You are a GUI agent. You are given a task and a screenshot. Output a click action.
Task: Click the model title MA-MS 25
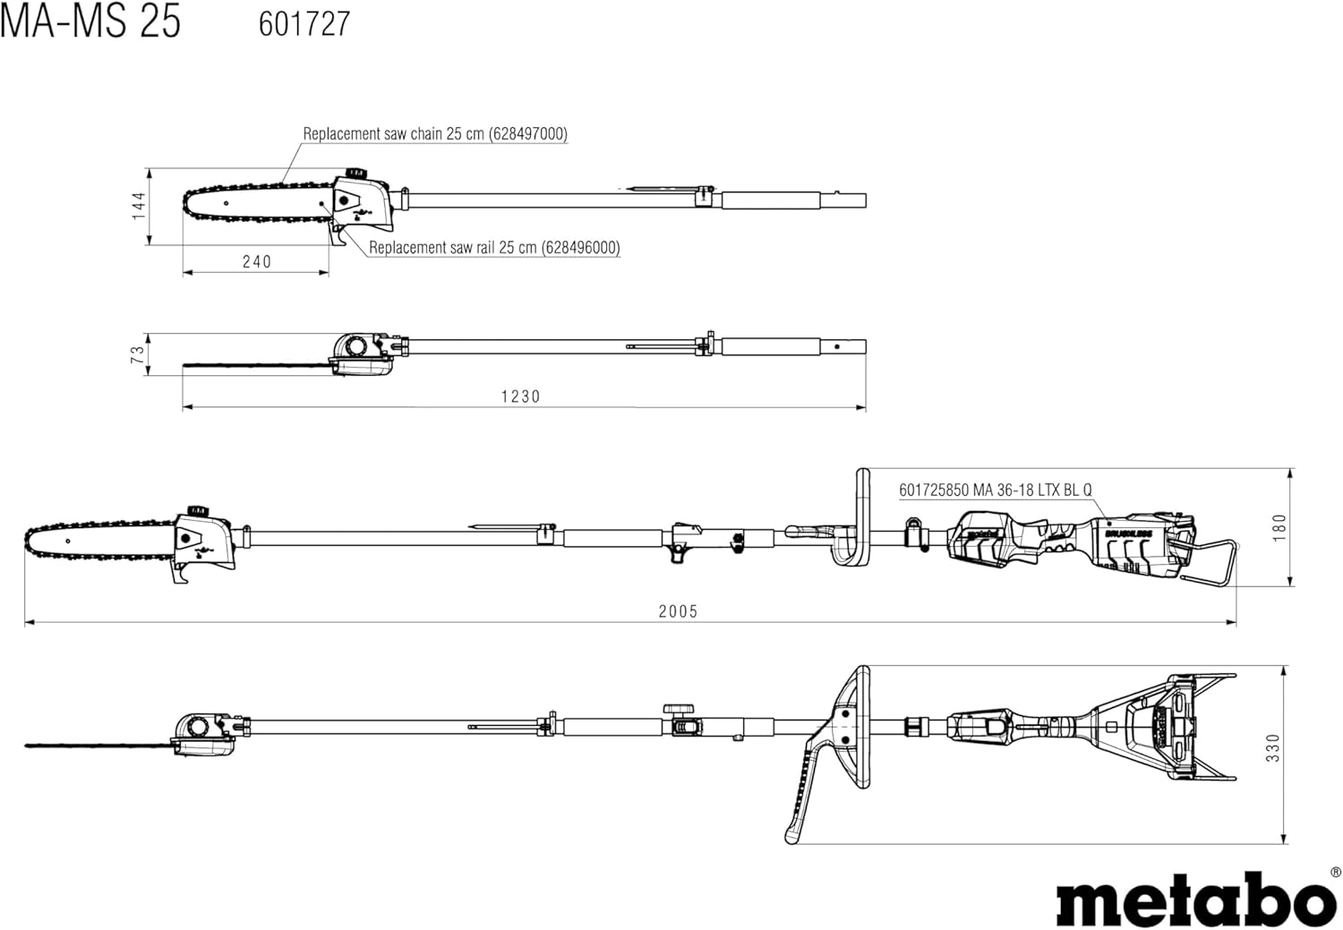[90, 22]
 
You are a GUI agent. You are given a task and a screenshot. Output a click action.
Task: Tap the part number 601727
[304, 24]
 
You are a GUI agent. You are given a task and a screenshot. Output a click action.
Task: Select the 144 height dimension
[139, 206]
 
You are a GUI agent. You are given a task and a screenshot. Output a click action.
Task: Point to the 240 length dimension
[257, 262]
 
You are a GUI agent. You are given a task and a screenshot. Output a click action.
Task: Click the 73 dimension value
[137, 354]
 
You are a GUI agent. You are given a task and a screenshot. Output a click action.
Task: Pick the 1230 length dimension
[520, 397]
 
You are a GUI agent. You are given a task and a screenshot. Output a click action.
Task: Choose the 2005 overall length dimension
[678, 611]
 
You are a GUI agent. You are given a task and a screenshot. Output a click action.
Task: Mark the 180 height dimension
[1279, 527]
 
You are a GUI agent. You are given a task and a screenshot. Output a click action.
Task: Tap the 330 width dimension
[1272, 748]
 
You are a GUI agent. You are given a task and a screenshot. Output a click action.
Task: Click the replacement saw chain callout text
[434, 133]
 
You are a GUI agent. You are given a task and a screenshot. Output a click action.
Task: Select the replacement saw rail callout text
[494, 247]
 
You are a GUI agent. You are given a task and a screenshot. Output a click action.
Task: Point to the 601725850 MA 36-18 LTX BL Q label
[996, 491]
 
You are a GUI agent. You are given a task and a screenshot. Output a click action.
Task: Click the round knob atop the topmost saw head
[357, 173]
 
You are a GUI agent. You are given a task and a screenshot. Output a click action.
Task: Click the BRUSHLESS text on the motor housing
[1127, 533]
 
